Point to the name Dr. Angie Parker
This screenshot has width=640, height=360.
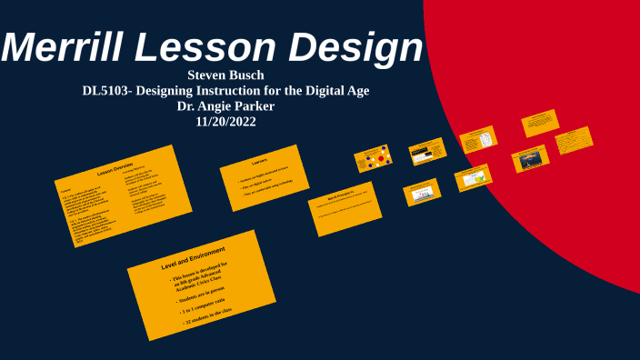point(225,105)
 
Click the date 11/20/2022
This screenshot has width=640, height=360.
point(225,121)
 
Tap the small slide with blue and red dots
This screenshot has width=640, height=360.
point(372,159)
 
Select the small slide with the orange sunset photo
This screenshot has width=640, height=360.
point(529,159)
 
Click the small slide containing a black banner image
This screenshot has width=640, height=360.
point(426,151)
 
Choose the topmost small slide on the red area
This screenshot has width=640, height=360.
point(539,123)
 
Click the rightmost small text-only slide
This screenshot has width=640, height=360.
point(573,139)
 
